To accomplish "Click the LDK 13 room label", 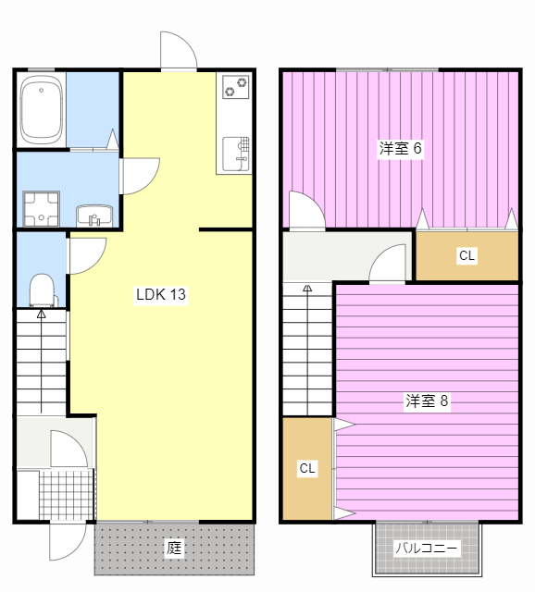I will point(162,295).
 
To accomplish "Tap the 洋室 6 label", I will point(400,148).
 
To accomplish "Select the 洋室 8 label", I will point(427,401).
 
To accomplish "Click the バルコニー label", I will point(427,549).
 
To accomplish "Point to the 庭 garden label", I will point(173,548).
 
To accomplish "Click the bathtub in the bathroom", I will point(41,109).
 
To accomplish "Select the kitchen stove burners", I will point(234,88).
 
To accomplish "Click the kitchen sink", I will point(235,151).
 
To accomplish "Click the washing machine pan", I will point(41,208).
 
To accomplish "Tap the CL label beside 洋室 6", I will point(467,256).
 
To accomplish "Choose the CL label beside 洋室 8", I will point(307,469).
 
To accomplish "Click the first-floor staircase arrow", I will point(41,314).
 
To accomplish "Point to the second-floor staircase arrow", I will point(307,290).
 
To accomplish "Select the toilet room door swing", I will point(85,254).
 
